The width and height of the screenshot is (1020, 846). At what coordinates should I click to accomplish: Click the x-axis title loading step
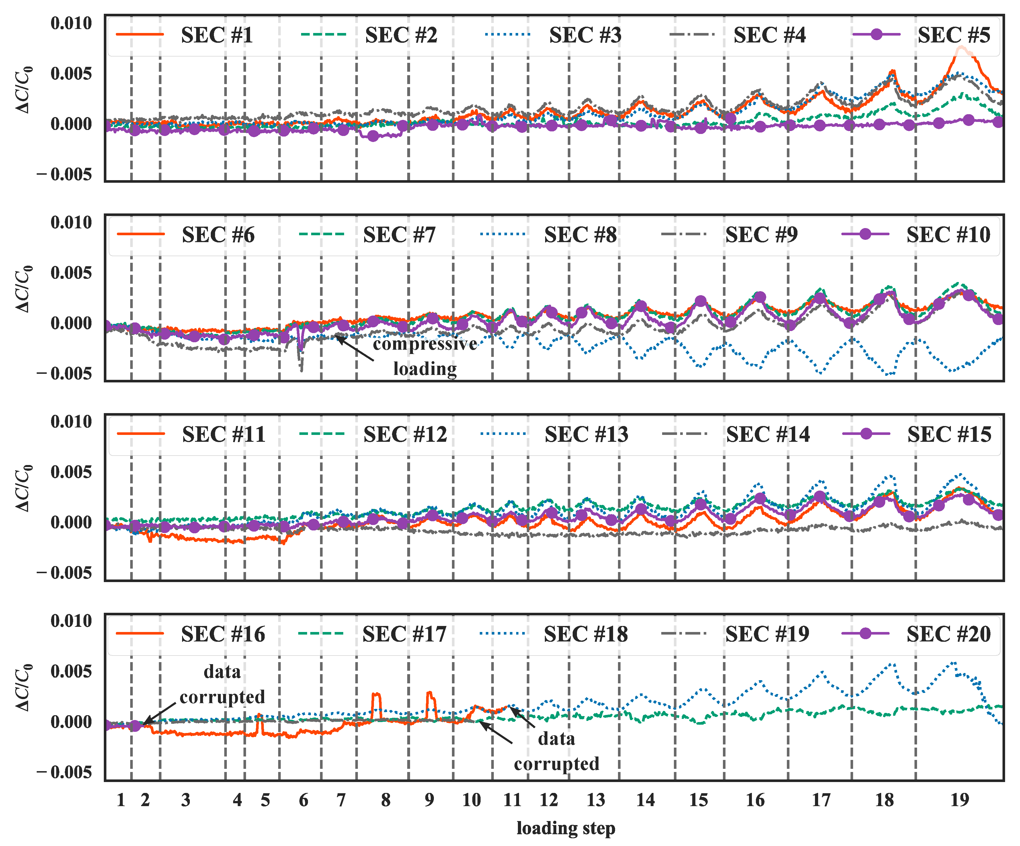pyautogui.click(x=566, y=828)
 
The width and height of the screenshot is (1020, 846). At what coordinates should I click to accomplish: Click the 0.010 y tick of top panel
pyautogui.click(x=71, y=23)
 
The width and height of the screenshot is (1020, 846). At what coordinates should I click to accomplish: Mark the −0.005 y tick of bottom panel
pyautogui.click(x=65, y=773)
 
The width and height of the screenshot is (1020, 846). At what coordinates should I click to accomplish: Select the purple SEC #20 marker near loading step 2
pyautogui.click(x=136, y=726)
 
